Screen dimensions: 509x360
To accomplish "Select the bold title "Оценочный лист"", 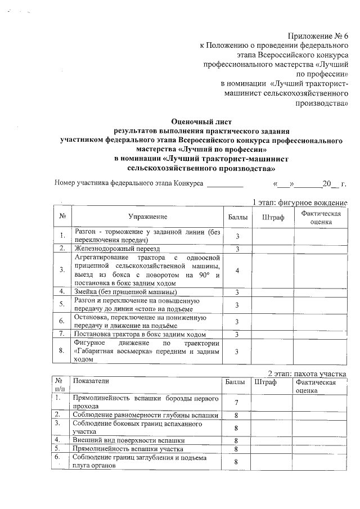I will (x=201, y=121).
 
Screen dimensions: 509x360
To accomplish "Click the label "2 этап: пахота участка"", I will (x=307, y=374).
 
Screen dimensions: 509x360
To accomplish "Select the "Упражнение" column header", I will (x=147, y=217).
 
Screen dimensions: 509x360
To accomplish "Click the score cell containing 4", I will (x=237, y=271).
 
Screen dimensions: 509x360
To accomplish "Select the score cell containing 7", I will (x=237, y=403).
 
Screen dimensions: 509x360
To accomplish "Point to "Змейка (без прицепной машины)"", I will (x=124, y=291).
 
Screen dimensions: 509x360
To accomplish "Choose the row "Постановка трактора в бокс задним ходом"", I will (x=138, y=335).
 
